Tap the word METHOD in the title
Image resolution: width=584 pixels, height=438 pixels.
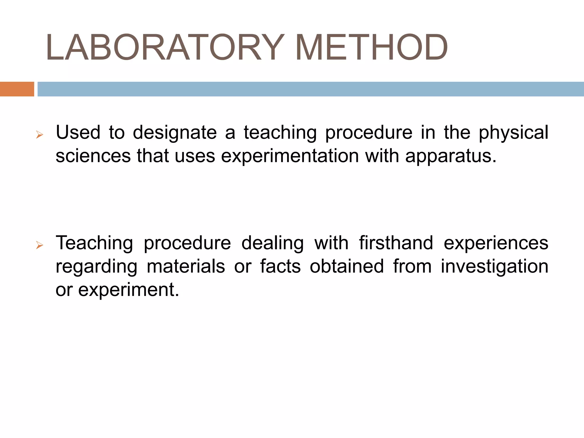[x=371, y=47]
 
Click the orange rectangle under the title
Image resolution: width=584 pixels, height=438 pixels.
[x=17, y=89]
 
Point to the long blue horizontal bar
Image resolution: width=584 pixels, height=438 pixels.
[x=310, y=89]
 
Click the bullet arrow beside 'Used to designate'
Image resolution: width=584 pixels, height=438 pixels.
[x=40, y=135]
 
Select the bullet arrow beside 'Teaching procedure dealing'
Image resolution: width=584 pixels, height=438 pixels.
[x=40, y=245]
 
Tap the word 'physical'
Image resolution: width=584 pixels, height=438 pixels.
[x=513, y=133]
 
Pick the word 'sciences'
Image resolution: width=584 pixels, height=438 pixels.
[x=93, y=156]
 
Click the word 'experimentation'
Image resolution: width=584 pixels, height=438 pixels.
[x=290, y=156]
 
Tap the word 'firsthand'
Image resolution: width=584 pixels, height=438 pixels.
[x=396, y=243]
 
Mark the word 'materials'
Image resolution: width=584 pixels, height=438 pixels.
[x=186, y=266]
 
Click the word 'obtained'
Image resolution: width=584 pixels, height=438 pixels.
[x=347, y=266]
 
